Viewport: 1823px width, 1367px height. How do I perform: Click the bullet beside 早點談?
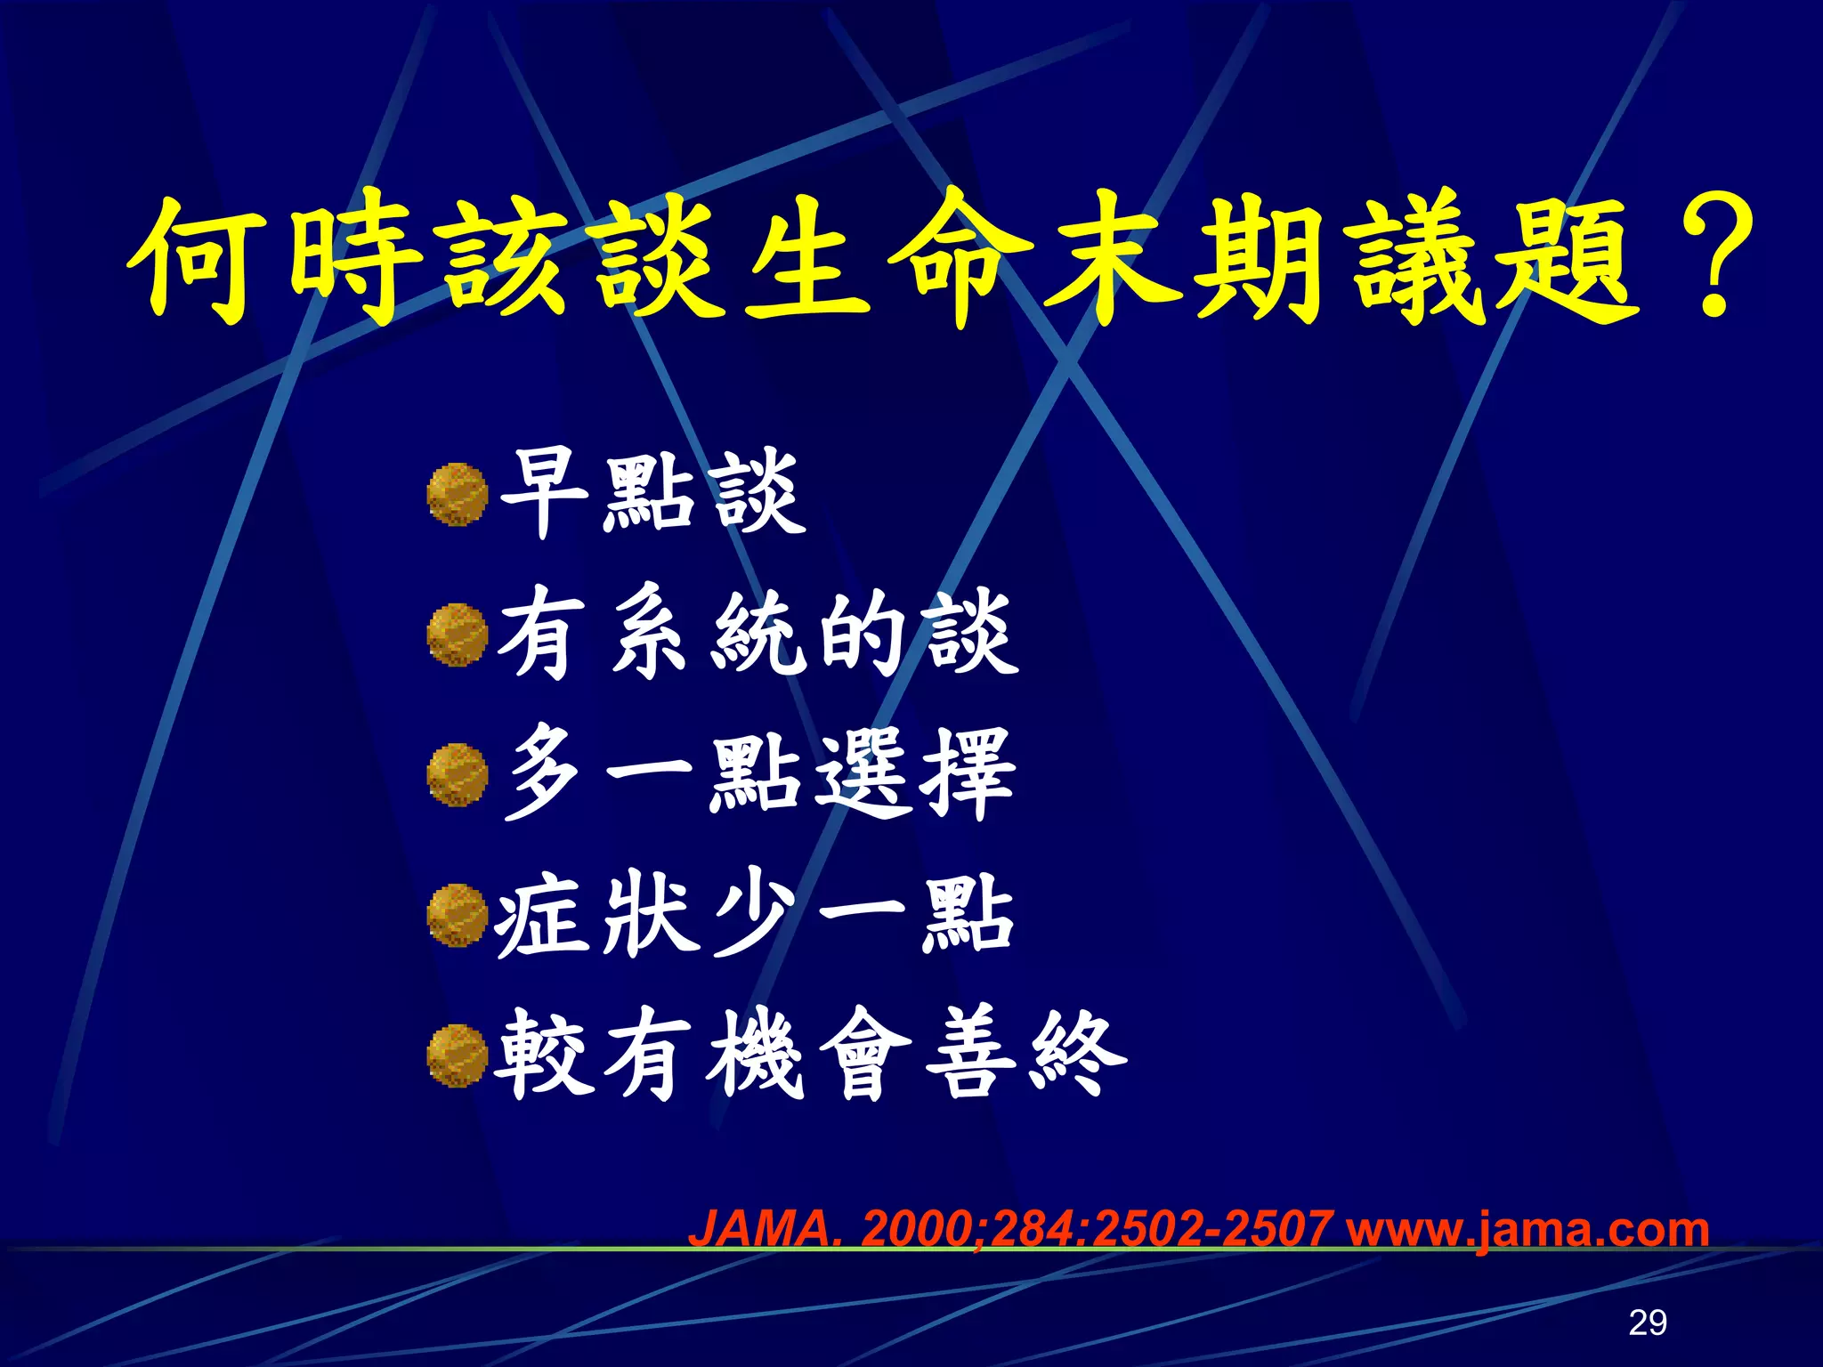click(458, 495)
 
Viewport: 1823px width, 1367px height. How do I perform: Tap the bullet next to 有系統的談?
click(458, 635)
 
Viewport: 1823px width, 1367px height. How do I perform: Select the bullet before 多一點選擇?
click(458, 775)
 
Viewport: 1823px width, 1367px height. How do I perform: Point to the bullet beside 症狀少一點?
click(458, 915)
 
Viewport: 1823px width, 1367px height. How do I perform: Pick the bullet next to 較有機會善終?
click(458, 1056)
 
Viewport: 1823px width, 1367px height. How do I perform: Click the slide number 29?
click(1647, 1323)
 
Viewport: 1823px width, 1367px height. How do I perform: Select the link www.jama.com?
click(1527, 1229)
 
